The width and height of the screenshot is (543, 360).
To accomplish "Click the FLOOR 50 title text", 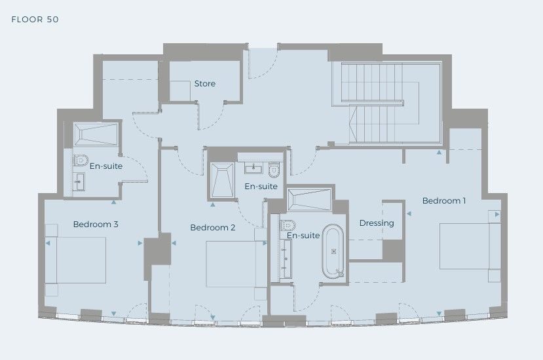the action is (35, 20).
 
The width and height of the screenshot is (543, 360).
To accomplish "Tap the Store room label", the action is (204, 83).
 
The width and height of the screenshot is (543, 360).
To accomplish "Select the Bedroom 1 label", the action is (444, 200).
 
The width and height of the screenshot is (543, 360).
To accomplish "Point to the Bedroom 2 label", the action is (213, 227).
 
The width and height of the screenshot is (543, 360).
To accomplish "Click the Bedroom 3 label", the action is (96, 224).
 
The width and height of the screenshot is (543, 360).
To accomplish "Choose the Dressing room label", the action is (377, 223).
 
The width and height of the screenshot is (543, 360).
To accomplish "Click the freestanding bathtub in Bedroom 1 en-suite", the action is (333, 251).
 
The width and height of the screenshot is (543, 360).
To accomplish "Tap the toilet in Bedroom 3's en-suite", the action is (81, 160).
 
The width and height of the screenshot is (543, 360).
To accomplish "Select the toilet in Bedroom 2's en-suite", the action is (274, 170).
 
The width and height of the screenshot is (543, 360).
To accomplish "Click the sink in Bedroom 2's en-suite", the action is (253, 168).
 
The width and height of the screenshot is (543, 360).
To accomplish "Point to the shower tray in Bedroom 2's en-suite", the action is (222, 181).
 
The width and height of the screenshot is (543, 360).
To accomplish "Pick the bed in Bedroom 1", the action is (470, 246).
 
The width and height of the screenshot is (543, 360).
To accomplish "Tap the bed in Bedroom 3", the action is (75, 261).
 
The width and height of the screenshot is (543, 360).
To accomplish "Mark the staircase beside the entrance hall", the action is (381, 103).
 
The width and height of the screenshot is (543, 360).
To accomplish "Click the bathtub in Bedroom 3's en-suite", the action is (96, 134).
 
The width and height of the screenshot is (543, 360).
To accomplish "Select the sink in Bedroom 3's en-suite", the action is (79, 182).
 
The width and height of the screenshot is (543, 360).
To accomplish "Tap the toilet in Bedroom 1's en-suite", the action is (288, 226).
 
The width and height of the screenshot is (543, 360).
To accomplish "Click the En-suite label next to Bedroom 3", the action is (106, 166).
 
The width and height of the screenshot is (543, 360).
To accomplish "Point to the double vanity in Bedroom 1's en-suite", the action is (286, 259).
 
